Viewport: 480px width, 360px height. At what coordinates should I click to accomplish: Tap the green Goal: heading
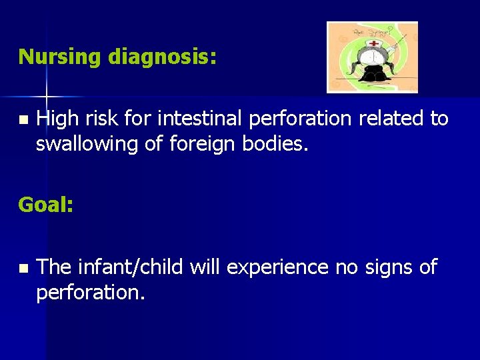46,205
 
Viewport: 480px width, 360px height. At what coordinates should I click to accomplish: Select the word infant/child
131,267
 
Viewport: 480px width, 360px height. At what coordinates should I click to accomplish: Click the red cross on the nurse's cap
373,43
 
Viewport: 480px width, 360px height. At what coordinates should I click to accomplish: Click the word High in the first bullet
57,119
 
